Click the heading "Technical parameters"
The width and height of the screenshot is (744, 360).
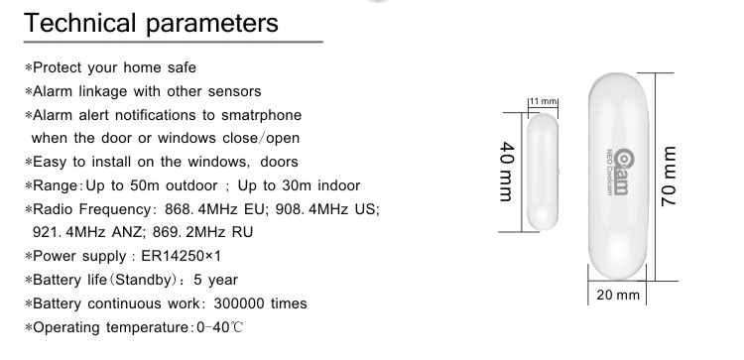pos(151,23)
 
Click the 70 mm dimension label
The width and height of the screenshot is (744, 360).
pos(668,176)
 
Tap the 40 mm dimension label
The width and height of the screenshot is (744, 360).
pos(507,172)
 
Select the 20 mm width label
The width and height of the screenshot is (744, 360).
pos(618,295)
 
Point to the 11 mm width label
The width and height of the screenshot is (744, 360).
pos(543,101)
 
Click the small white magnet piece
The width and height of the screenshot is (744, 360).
pos(543,172)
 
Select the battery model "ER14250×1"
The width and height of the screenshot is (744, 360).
pos(182,256)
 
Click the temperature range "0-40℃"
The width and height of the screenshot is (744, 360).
pos(219,327)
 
